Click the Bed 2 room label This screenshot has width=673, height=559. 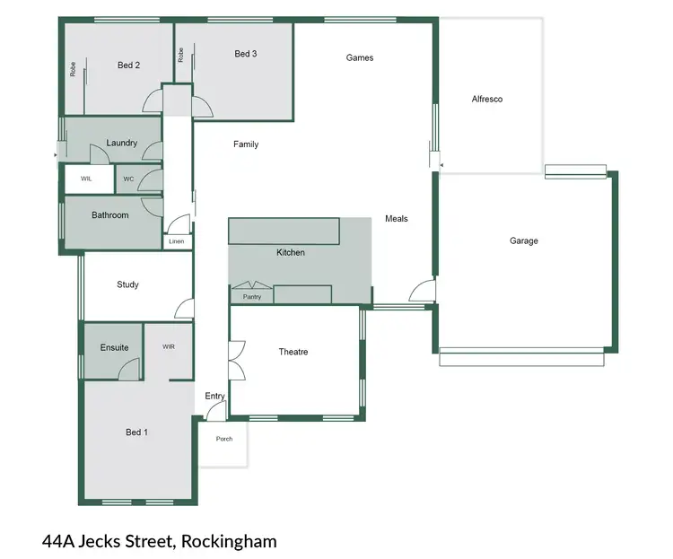tap(129, 65)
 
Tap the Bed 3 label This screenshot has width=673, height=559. tap(246, 54)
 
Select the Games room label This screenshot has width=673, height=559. tap(360, 57)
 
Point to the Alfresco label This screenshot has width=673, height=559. tap(487, 99)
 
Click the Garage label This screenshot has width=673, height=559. tap(524, 240)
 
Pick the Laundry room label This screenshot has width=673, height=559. tap(121, 143)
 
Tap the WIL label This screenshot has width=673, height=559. tap(86, 179)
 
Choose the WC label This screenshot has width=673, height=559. tap(128, 179)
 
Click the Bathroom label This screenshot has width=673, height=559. tap(110, 215)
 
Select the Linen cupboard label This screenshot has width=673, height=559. tap(176, 240)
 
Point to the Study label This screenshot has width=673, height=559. tap(127, 284)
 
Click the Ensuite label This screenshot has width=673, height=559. tap(114, 347)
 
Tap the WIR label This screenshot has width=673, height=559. tap(169, 346)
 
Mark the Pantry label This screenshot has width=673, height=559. tap(252, 296)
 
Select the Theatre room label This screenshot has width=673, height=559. tap(293, 352)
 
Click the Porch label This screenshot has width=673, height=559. tap(224, 439)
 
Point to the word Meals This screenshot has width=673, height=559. tap(397, 218)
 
